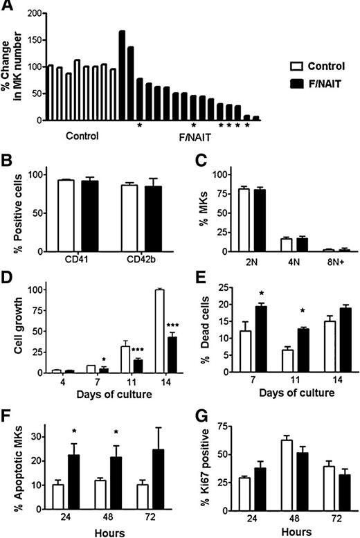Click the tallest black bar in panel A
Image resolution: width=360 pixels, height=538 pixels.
pyautogui.click(x=122, y=75)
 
